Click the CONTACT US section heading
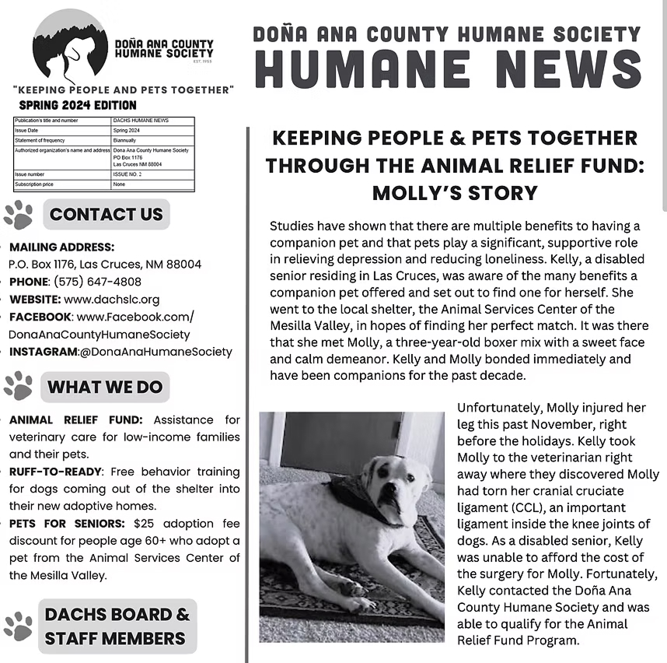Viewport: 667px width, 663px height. [x=106, y=215]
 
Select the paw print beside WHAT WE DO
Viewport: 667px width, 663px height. [x=18, y=386]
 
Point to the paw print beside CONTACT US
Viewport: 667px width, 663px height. [x=18, y=215]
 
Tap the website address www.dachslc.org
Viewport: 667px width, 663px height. [x=112, y=299]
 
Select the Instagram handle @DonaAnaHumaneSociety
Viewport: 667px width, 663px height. [x=155, y=352]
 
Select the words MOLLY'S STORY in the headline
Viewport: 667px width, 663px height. [x=455, y=193]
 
